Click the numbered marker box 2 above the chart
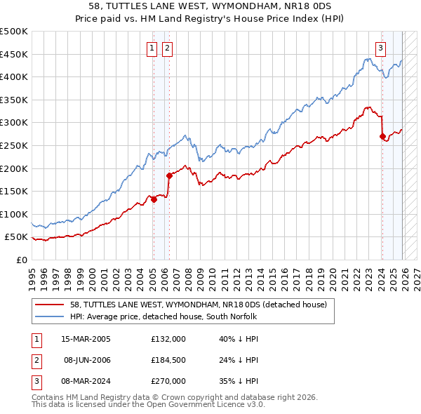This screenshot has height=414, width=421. click(168, 48)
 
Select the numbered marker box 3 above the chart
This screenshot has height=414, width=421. click(380, 48)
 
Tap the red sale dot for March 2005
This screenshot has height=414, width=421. click(154, 199)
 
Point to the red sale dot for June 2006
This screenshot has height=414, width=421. click(169, 175)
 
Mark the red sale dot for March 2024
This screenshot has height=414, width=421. click(382, 136)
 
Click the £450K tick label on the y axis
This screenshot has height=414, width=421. click(14, 54)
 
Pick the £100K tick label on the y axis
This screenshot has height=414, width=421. click(14, 214)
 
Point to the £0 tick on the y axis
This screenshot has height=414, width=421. click(21, 260)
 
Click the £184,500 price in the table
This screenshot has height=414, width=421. click(168, 360)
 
